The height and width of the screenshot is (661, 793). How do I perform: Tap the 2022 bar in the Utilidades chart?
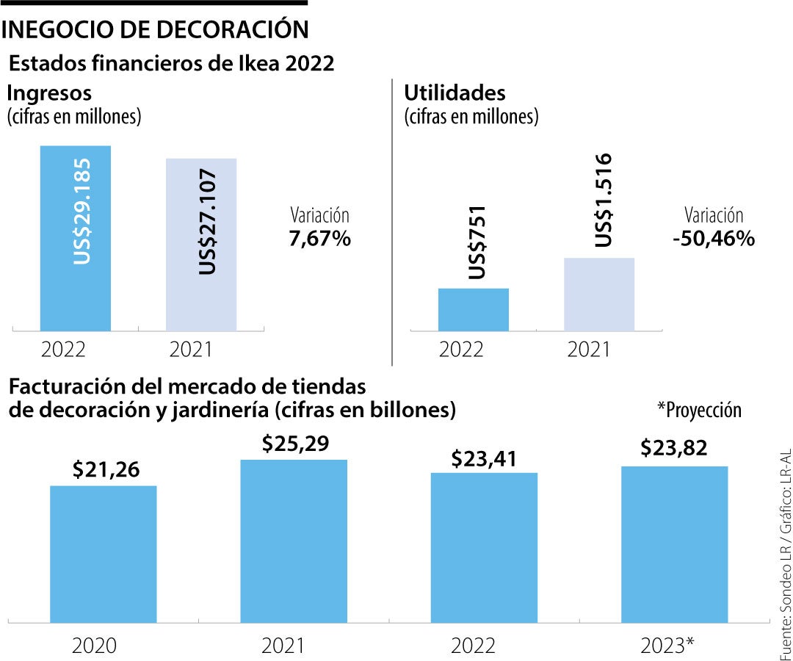(x=474, y=309)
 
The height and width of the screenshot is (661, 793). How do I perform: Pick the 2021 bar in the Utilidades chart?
(x=599, y=294)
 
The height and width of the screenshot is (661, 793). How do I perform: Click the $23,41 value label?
(x=484, y=458)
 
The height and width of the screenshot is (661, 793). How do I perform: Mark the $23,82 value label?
(x=674, y=447)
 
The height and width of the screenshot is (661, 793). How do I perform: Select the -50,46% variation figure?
(x=713, y=239)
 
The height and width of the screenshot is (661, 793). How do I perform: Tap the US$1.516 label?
(x=603, y=200)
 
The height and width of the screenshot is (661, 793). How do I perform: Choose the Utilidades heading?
(x=455, y=93)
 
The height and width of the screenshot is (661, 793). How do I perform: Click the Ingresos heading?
(x=49, y=93)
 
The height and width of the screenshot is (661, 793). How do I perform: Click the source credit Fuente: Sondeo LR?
(x=783, y=588)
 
